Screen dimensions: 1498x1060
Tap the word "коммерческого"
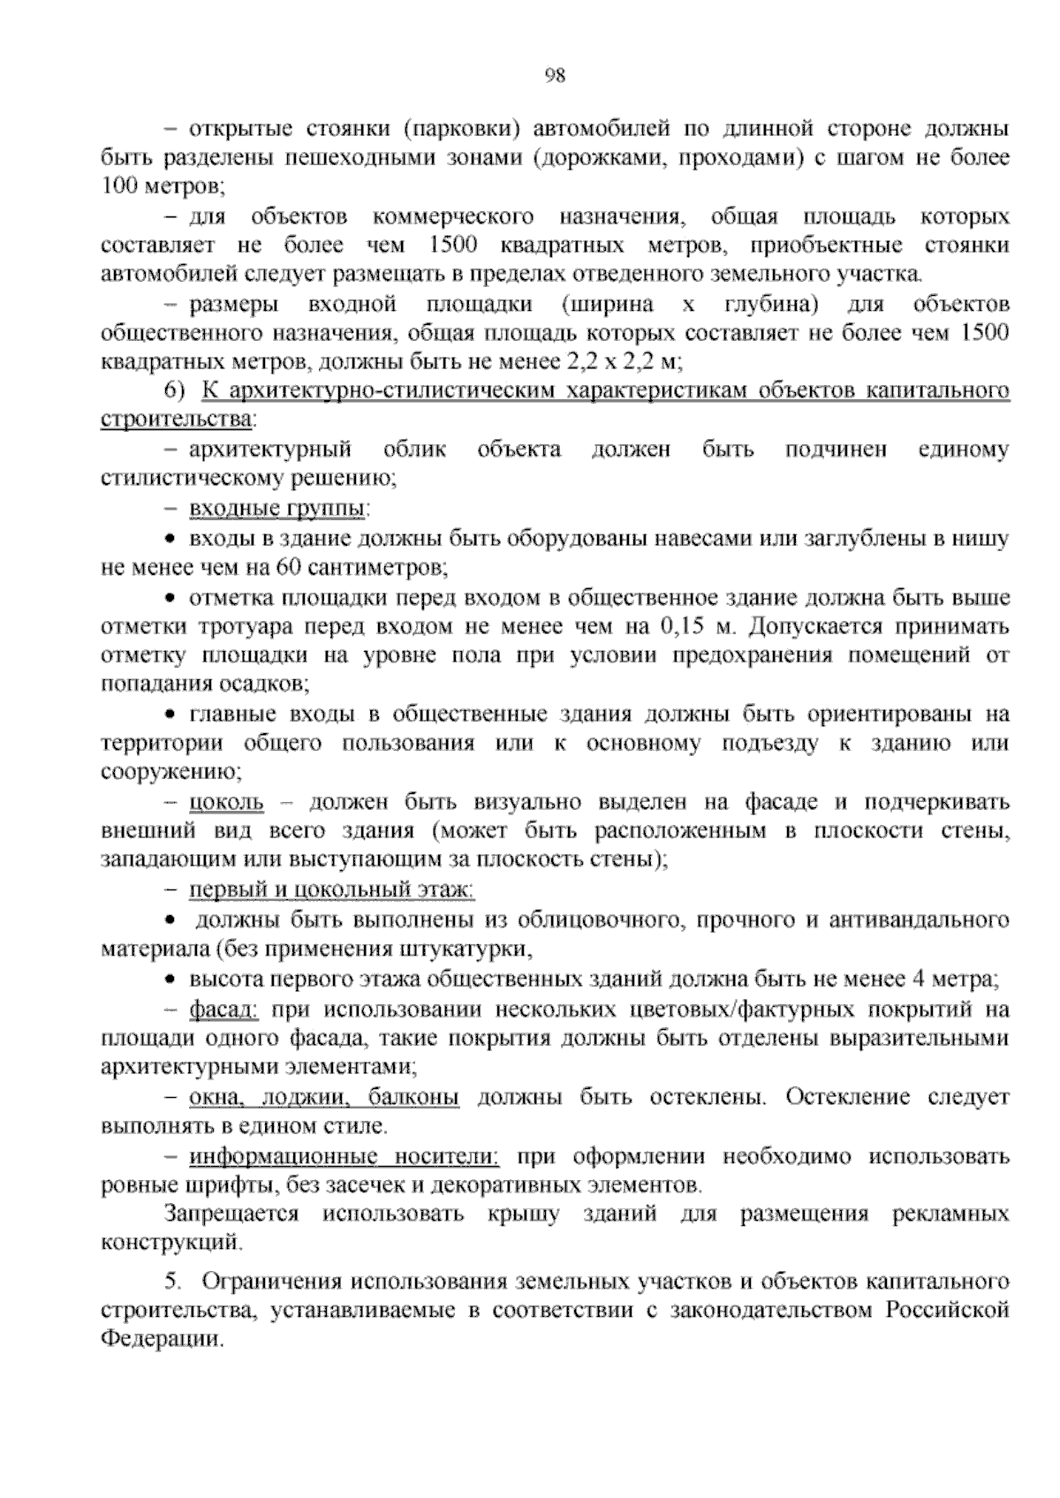(454, 216)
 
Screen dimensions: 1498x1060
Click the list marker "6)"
(175, 390)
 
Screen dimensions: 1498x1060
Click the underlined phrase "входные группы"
(279, 509)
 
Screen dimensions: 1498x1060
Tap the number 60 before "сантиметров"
(288, 566)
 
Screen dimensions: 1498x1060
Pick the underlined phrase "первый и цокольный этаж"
(331, 889)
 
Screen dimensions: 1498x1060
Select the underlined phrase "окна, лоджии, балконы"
(324, 1097)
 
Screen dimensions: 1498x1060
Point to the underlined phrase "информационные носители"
(344, 1156)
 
